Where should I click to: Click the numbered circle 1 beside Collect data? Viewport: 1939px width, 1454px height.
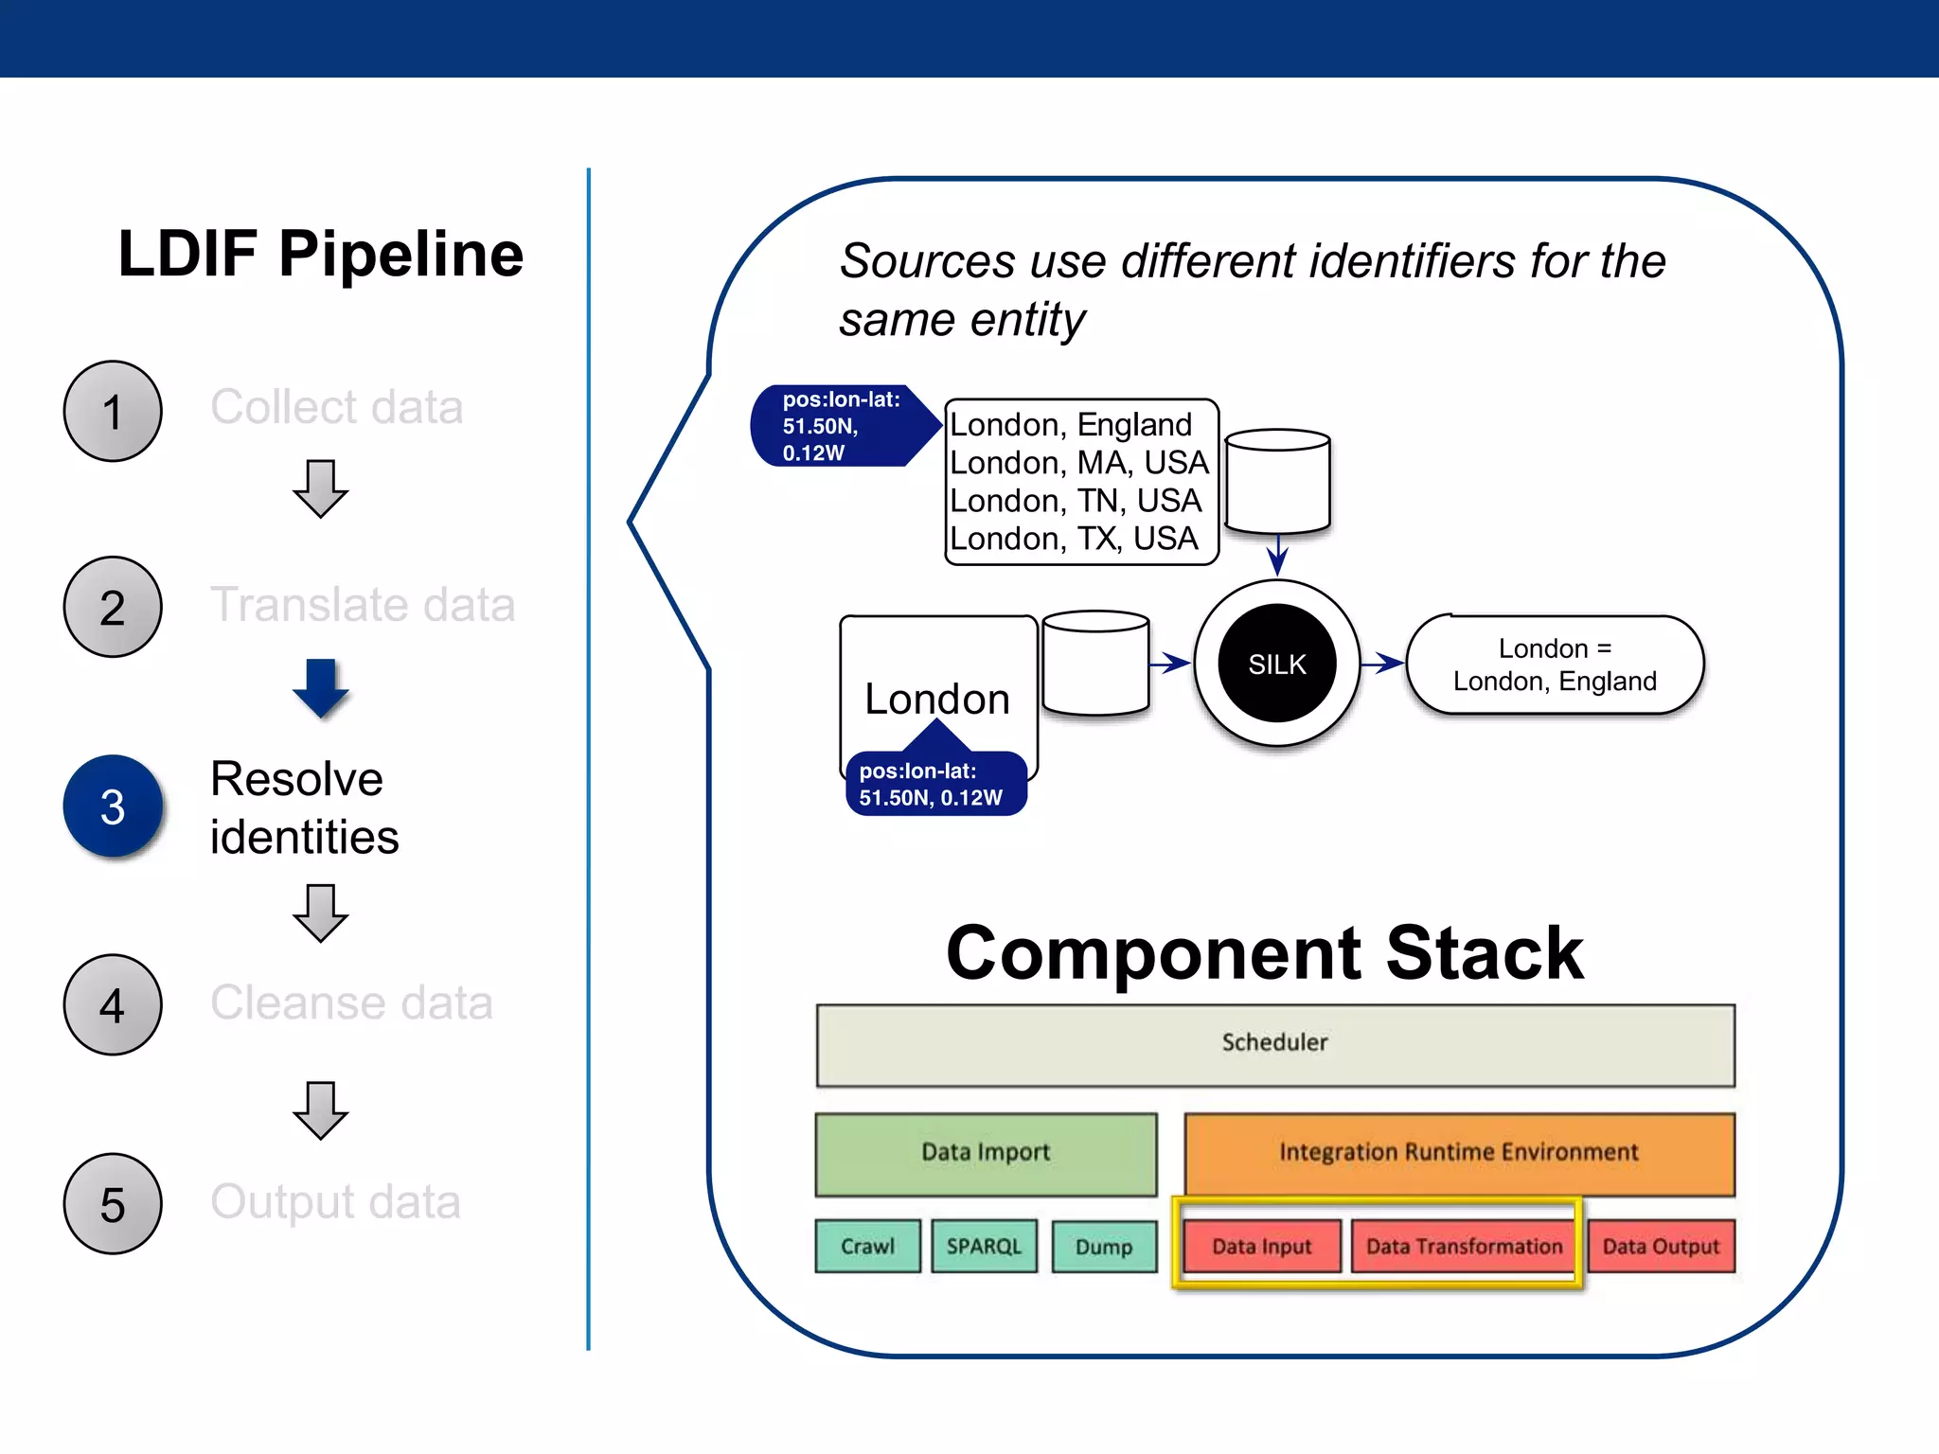(x=113, y=412)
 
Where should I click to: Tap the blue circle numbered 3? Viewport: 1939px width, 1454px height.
(x=113, y=807)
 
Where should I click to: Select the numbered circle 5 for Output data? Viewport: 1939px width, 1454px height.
(x=113, y=1204)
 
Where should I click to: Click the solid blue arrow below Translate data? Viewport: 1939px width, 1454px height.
(x=321, y=687)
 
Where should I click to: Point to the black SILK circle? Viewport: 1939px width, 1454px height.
(x=1277, y=664)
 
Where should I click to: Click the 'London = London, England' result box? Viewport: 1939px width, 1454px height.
(x=1555, y=665)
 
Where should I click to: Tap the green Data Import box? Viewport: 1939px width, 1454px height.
(x=986, y=1154)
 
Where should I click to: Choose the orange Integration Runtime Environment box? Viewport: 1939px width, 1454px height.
(x=1459, y=1154)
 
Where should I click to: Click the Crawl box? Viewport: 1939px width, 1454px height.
(x=867, y=1247)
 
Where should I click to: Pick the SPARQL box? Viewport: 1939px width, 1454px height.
(x=984, y=1247)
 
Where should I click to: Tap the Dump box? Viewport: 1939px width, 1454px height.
(x=1104, y=1247)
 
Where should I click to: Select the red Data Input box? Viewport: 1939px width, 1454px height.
(x=1262, y=1247)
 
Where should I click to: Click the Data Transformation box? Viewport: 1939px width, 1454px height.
(x=1464, y=1247)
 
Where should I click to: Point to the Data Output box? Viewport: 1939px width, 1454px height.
(x=1661, y=1247)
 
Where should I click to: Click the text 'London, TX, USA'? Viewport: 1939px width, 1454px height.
(x=1074, y=539)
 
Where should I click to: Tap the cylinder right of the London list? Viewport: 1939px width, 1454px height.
(x=1277, y=482)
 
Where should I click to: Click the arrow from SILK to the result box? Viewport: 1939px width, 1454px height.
(x=1383, y=664)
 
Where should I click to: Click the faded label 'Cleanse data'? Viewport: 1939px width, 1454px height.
(x=351, y=1002)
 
